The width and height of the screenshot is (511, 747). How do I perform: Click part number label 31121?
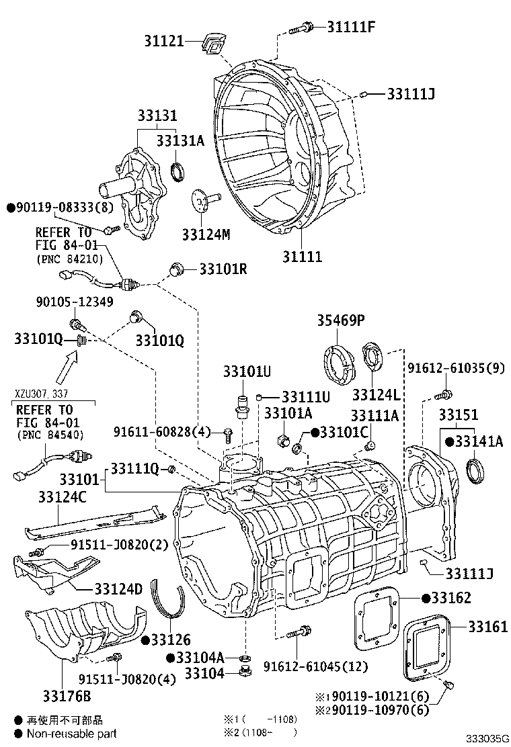click(163, 42)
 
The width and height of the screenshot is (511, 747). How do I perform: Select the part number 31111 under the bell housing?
click(301, 257)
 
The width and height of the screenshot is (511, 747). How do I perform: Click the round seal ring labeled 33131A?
click(179, 172)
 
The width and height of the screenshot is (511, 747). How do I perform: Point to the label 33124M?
click(206, 234)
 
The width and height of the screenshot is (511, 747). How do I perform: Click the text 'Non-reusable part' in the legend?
click(71, 734)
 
